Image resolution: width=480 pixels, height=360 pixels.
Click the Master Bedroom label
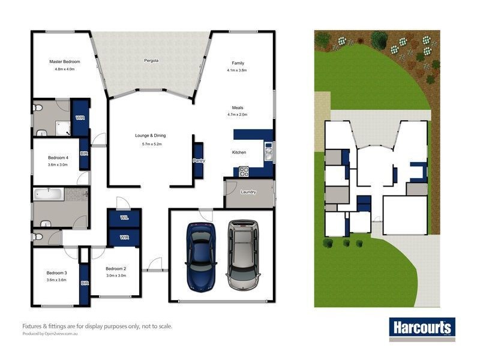point(64,61)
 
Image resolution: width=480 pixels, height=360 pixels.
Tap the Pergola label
point(151,61)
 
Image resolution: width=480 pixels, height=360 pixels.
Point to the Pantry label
point(199,161)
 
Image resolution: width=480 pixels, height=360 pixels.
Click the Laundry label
point(248,192)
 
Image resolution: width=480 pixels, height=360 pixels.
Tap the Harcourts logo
point(422,328)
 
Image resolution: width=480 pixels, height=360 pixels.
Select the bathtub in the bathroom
point(49,194)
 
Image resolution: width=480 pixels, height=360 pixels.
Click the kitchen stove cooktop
point(244,171)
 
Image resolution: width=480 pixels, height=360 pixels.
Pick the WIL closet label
point(124,218)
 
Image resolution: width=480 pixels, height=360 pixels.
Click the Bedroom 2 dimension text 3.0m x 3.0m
point(115,275)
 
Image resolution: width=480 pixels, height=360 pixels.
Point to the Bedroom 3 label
point(56,273)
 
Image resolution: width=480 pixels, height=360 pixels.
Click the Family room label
point(238,63)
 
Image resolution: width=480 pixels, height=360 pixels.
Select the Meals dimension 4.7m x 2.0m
point(237,114)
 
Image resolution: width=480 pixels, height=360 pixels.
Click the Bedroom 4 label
point(58,158)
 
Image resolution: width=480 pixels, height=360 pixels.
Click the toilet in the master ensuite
point(38,108)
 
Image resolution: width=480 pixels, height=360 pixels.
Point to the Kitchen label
point(239,152)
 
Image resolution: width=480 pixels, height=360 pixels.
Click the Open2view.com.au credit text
point(50,333)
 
